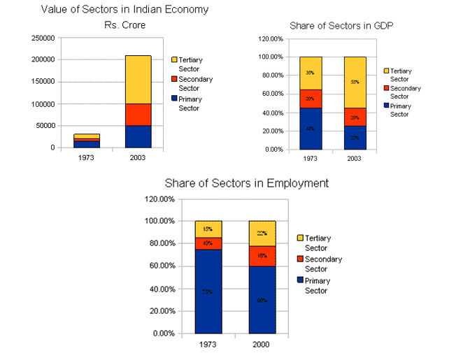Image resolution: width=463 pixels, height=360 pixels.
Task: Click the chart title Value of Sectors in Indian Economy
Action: click(x=124, y=10)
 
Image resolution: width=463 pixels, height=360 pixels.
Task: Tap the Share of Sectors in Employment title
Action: click(x=246, y=183)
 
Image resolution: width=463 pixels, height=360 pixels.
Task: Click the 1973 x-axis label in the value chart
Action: click(x=86, y=157)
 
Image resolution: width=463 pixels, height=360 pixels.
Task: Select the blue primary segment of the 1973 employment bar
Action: click(x=208, y=291)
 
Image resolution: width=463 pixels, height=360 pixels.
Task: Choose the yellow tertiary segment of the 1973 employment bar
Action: click(x=208, y=229)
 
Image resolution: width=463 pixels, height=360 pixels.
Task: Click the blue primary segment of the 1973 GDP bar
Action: click(x=311, y=129)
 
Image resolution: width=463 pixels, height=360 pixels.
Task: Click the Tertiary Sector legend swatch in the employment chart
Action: click(x=301, y=238)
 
